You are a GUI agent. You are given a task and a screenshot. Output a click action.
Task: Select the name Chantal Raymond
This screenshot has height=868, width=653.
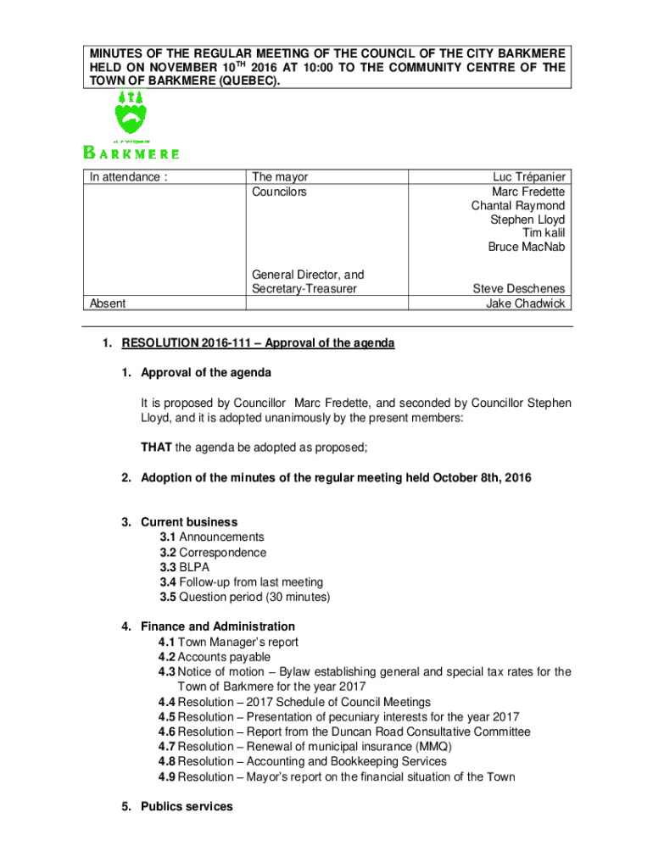coord(518,206)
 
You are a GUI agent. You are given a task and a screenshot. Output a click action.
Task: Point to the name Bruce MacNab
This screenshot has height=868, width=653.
coord(526,248)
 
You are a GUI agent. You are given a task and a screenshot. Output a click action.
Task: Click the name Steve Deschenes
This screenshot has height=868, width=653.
coord(518,289)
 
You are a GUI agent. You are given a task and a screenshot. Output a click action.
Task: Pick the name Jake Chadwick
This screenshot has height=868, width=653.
coord(525,303)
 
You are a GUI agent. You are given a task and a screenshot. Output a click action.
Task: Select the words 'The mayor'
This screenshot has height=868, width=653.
coord(280,177)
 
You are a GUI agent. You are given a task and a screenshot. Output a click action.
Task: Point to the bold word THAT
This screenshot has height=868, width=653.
coord(156,448)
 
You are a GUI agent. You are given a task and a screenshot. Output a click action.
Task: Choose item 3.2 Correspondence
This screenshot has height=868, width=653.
coord(213,553)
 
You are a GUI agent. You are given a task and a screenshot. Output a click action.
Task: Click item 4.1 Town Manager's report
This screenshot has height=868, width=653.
coord(228,642)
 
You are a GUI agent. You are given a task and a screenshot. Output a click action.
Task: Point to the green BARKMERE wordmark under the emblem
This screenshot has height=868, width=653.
coord(131,153)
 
